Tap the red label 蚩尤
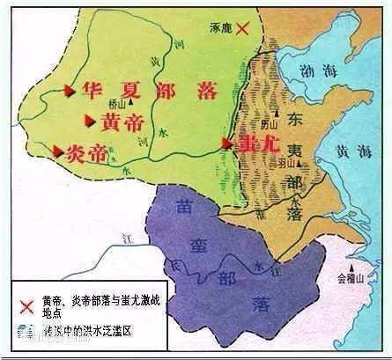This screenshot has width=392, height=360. [x=248, y=142]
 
